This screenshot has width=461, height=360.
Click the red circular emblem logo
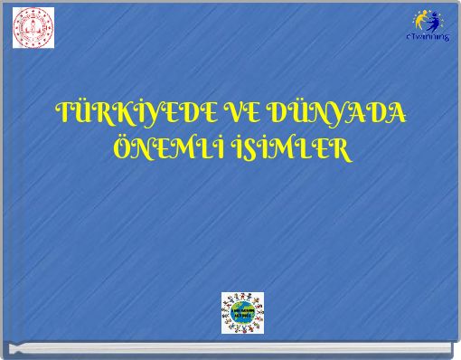point(32,28)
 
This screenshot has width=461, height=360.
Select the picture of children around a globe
point(242,312)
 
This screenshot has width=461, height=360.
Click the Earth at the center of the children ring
point(242,313)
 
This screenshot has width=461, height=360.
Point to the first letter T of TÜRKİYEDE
point(64,115)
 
